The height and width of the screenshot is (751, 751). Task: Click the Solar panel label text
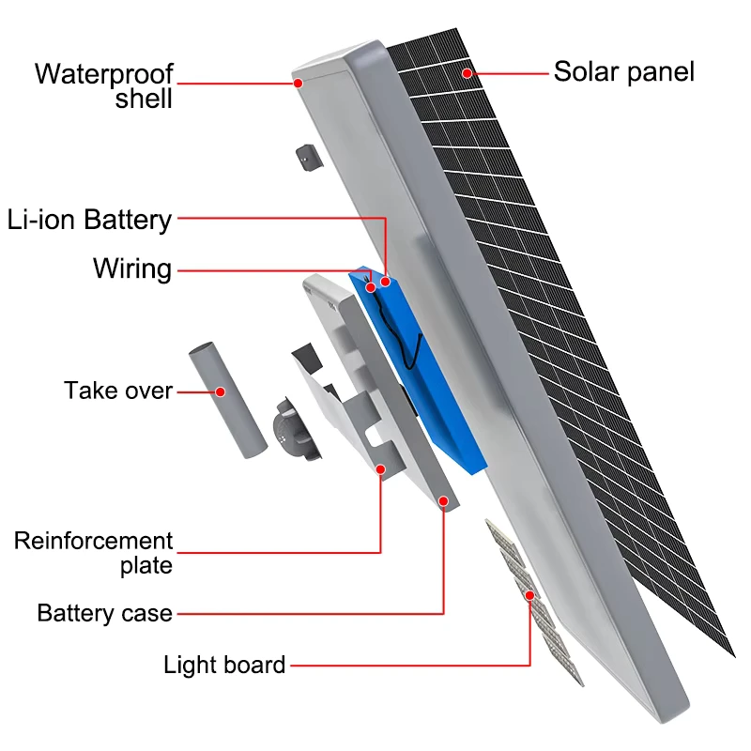coord(623,72)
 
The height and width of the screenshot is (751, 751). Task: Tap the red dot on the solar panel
coord(467,73)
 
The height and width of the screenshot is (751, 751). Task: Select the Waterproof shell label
coord(104,86)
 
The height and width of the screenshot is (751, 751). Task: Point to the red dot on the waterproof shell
coord(298,84)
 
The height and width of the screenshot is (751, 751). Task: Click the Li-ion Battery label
coord(89,220)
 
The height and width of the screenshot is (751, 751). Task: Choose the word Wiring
coord(132,268)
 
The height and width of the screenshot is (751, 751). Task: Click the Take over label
coord(118,391)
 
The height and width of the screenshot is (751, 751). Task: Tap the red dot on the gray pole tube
coord(221,391)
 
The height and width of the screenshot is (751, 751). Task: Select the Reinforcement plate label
coord(93,553)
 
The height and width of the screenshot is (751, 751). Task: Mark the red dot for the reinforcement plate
coord(381,469)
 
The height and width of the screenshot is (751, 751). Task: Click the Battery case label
coord(105,613)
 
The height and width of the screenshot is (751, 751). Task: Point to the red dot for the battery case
coord(443,501)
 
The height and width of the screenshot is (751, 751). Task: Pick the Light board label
coord(224,665)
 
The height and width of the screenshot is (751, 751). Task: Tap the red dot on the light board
coord(529,595)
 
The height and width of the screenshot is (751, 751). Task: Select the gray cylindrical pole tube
coord(228,400)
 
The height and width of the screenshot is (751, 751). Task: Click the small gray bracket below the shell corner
coord(310,158)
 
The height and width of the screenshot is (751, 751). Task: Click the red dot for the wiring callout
coord(370,287)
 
